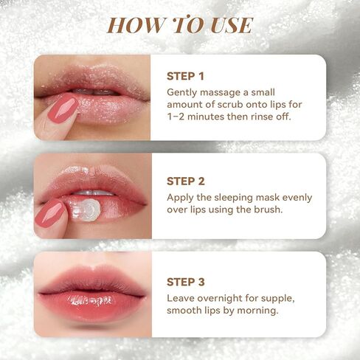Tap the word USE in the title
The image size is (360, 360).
232,25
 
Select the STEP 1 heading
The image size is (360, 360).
185,76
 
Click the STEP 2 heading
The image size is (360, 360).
186,181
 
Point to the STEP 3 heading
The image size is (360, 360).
186,282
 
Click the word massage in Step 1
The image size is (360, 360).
220,93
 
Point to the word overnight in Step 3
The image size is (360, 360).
220,299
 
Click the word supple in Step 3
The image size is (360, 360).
277,299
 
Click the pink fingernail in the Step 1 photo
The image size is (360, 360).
63,108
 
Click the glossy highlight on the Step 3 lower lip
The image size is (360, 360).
91,300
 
